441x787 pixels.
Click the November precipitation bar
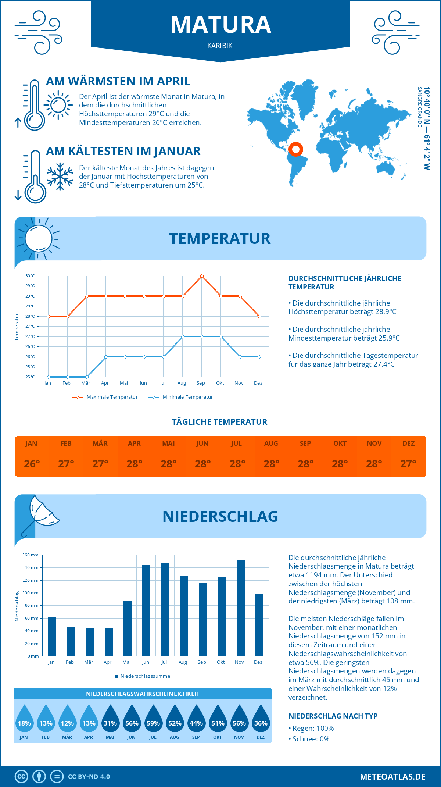pos(240,608)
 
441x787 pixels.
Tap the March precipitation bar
pos(90,642)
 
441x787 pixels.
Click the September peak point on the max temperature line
pos(202,276)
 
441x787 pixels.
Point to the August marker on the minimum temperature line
pos(183,336)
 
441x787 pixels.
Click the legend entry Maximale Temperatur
pos(105,397)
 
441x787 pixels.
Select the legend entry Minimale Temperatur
pos(181,397)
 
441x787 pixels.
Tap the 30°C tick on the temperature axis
pos(30,276)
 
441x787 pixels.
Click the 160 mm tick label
pos(31,555)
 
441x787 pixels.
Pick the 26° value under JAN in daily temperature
pos(32,464)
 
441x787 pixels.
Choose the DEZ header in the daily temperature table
pos(408,444)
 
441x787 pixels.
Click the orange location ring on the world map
pos(295,150)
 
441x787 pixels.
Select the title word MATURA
pos(220,25)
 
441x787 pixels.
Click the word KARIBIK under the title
pos(220,46)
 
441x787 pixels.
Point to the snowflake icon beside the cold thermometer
pos(60,177)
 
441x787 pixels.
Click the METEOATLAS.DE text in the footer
pos(392,777)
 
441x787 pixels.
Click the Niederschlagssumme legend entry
pos(143,676)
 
